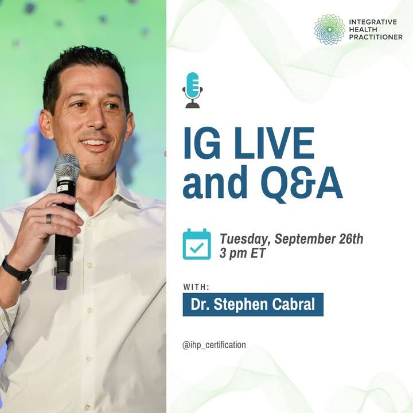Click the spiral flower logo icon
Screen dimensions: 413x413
click(x=329, y=29)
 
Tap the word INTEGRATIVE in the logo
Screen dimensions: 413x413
click(x=373, y=22)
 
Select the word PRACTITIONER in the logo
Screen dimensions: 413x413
click(x=376, y=37)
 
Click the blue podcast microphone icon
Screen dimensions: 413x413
click(x=193, y=90)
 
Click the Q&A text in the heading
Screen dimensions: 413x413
click(x=302, y=184)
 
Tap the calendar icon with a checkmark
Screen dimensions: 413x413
click(x=197, y=244)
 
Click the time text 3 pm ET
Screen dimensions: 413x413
click(x=242, y=254)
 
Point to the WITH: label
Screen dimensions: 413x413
click(x=196, y=287)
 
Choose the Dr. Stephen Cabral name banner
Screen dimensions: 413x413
click(x=253, y=305)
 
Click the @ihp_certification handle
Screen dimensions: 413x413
click(x=214, y=345)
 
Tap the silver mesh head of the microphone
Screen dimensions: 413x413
click(x=67, y=167)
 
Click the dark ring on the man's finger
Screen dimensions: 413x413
click(x=49, y=219)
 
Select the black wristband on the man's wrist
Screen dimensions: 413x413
click(x=16, y=270)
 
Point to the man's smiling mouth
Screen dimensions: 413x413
click(x=95, y=143)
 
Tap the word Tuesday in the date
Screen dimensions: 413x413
click(x=246, y=239)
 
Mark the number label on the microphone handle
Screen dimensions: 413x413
click(x=61, y=188)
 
